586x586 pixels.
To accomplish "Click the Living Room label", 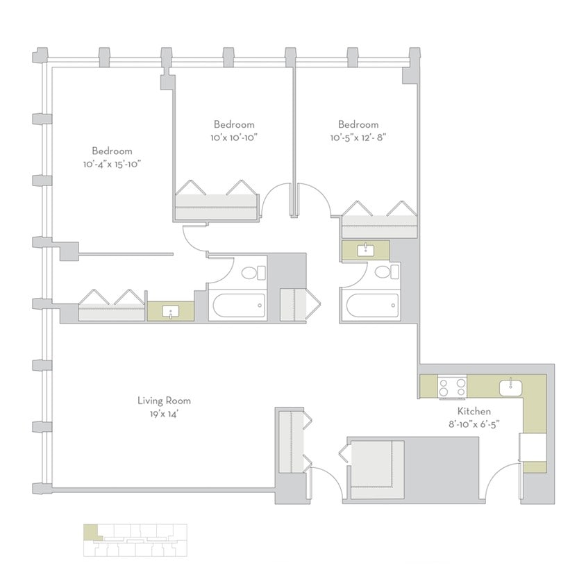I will pos(164,401).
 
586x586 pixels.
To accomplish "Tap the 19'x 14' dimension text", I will pos(164,413).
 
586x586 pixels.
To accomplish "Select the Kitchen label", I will pos(474,410).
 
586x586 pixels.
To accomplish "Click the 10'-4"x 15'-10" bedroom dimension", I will pos(112,164).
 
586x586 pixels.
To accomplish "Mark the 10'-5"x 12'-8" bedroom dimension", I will pos(358,137).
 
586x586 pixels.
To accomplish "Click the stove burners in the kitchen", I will pos(452,387).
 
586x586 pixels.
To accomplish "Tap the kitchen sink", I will pos(510,385).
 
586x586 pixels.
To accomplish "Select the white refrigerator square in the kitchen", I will pos(535,446).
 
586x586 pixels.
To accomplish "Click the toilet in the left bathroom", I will pos(253,272).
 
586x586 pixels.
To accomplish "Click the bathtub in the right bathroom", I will pos(369,305).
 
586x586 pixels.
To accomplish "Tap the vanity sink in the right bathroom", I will pos(365,249).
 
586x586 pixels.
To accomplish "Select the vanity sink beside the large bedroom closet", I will pos(171,312).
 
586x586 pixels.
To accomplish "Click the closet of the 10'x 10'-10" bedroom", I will pos(216,201).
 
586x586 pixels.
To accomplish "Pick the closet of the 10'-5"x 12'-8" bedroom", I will pos(378,221).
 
